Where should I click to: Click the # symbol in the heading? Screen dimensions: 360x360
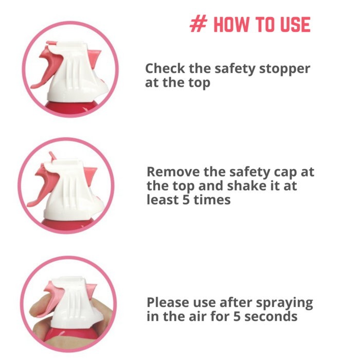[x=199, y=24]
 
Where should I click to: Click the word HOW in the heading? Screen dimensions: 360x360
[x=231, y=24]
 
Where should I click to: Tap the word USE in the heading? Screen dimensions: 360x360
[x=295, y=24]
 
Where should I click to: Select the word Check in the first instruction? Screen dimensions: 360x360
[x=165, y=68]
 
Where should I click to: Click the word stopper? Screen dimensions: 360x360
[x=285, y=69]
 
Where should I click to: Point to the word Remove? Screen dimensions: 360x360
[x=173, y=172]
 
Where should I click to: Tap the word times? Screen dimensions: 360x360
[x=212, y=200]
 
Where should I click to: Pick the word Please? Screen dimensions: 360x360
[x=168, y=302]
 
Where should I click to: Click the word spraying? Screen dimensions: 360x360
[x=284, y=303]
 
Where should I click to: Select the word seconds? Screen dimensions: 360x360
[x=271, y=316]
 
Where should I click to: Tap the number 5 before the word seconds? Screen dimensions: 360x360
[x=237, y=316]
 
